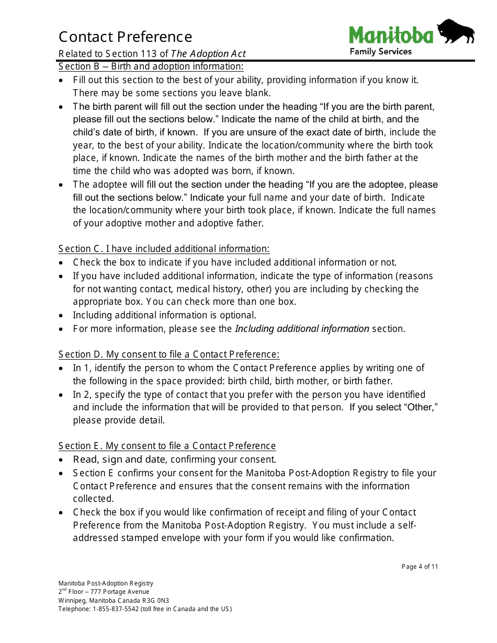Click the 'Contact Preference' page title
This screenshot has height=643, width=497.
click(x=125, y=37)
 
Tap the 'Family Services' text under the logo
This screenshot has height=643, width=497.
click(x=380, y=51)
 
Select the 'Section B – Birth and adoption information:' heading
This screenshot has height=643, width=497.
click(x=151, y=66)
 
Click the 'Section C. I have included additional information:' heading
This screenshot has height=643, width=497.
click(x=164, y=249)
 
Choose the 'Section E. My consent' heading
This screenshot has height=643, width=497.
click(x=167, y=446)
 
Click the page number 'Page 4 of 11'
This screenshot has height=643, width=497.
click(x=420, y=567)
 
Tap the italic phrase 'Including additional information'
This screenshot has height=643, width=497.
click(x=302, y=329)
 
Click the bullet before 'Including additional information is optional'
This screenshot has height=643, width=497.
click(x=62, y=316)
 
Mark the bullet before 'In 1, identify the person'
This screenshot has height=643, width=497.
click(x=62, y=369)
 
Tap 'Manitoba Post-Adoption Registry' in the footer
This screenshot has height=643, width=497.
click(x=106, y=583)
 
